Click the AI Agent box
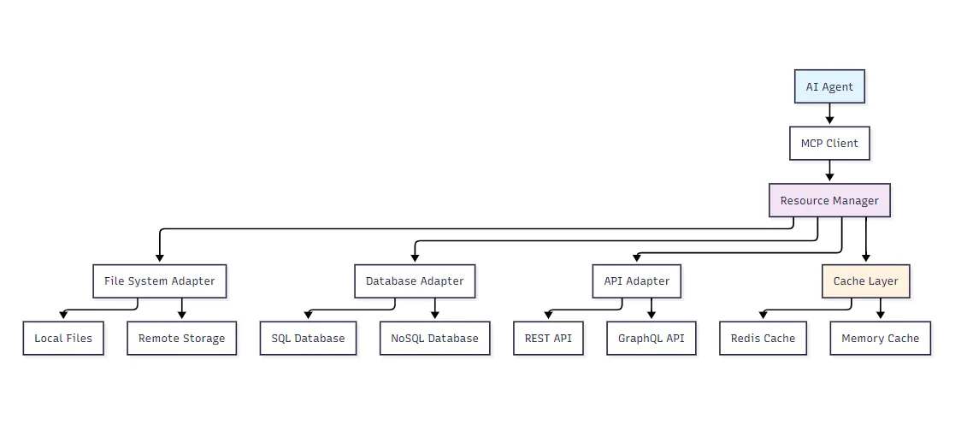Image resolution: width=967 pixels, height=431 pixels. (x=829, y=86)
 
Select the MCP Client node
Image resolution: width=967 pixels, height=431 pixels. (x=829, y=143)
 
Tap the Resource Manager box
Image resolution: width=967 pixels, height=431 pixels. (x=829, y=200)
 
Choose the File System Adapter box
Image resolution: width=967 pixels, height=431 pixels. (x=160, y=281)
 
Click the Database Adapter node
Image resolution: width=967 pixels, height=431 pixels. (x=415, y=281)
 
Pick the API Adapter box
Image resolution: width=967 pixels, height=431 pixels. (x=636, y=281)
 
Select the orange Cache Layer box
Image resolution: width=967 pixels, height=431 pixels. (x=866, y=281)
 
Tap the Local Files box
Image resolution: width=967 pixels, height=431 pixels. (x=63, y=338)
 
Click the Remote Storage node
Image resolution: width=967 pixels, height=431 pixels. (x=182, y=338)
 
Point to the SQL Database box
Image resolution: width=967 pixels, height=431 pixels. (x=309, y=338)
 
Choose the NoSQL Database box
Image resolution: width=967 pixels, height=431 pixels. (x=435, y=338)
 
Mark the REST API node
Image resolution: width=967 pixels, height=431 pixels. (x=548, y=338)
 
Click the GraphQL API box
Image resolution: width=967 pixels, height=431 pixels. (x=652, y=338)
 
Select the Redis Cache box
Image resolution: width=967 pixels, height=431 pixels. (x=763, y=338)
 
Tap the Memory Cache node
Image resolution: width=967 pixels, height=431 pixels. (x=880, y=338)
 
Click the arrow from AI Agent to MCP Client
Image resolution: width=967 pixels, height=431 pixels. (x=829, y=115)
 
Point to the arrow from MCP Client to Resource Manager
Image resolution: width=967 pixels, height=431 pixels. (x=829, y=171)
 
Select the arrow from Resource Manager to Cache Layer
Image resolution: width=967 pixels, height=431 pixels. (x=866, y=240)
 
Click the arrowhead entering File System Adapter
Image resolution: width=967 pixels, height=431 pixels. (x=160, y=259)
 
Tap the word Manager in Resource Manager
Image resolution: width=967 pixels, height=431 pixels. (x=854, y=201)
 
